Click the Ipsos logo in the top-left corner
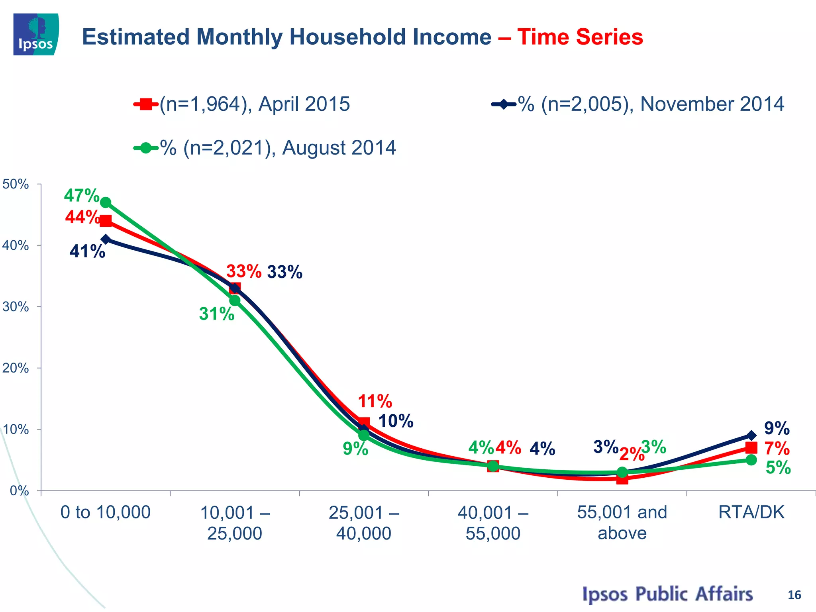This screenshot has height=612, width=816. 36,34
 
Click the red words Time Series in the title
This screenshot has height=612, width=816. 580,37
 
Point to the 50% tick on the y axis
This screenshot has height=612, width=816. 16,184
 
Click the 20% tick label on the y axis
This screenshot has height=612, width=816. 16,368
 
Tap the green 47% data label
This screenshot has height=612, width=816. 82,195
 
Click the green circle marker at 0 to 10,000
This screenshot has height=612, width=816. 106,202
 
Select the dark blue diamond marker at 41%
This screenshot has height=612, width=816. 106,239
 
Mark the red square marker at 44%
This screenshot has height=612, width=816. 106,221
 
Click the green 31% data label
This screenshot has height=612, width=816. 217,314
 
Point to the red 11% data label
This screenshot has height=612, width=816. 375,401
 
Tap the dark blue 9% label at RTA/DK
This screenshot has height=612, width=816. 777,428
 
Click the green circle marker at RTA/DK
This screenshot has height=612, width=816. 751,460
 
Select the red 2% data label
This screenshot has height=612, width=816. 632,454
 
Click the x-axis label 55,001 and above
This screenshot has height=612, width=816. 622,522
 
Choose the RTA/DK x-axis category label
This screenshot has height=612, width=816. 751,512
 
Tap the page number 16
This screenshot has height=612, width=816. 794,595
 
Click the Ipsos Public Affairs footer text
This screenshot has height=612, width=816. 667,594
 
